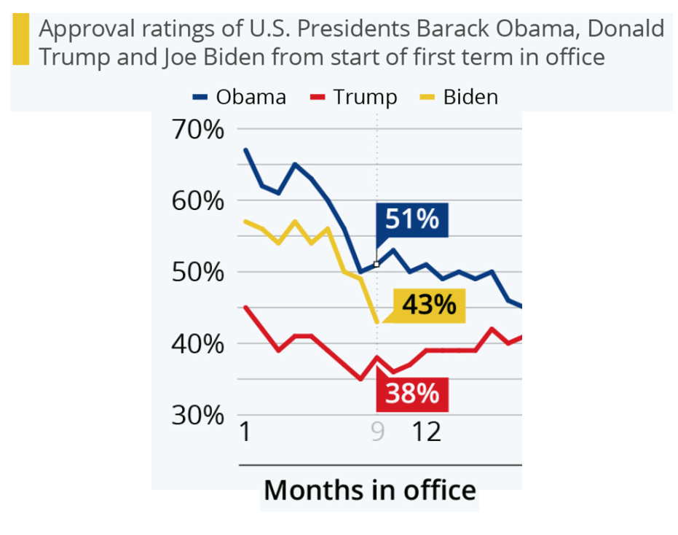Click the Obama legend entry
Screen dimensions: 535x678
click(240, 97)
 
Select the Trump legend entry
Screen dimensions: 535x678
click(354, 97)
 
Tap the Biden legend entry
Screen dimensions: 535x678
click(461, 97)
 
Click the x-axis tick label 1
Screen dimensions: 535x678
click(245, 432)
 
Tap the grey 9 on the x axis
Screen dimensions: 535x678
click(377, 432)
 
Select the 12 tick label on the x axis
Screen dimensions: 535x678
click(427, 432)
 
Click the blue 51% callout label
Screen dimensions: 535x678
click(411, 219)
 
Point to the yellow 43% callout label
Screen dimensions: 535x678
click(428, 305)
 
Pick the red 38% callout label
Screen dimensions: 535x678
click(412, 394)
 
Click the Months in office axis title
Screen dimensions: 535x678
click(369, 490)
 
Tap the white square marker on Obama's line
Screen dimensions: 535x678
click(377, 264)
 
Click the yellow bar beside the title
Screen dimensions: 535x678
click(21, 41)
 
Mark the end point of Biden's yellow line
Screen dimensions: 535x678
click(377, 321)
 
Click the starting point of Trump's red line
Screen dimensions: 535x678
click(245, 308)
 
